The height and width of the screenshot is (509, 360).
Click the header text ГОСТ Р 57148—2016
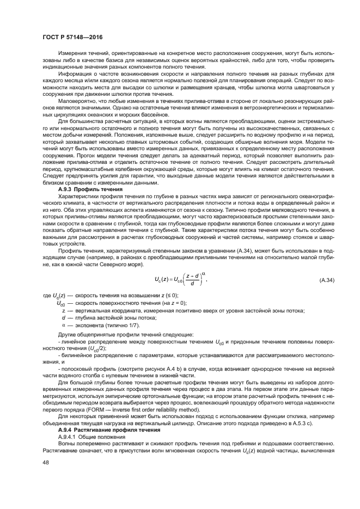(x=66, y=37)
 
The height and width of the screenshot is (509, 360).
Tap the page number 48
(x=46, y=462)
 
